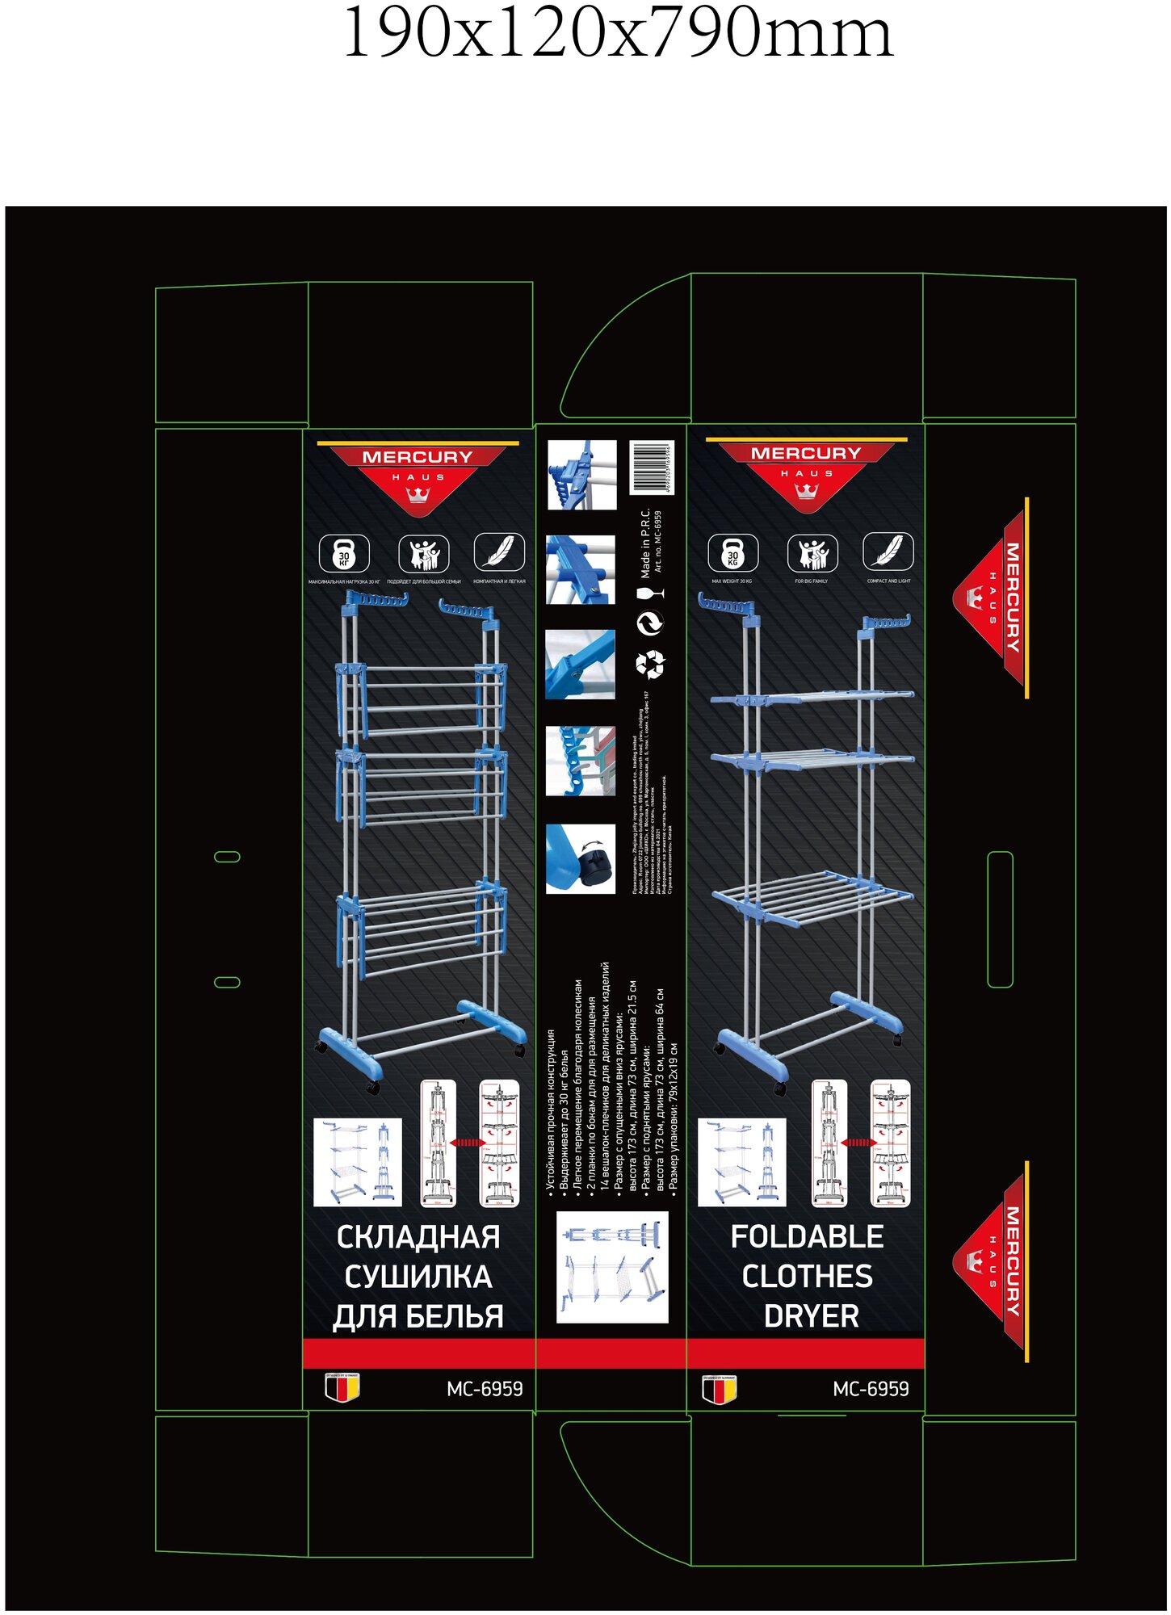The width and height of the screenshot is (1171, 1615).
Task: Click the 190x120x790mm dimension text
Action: (x=618, y=34)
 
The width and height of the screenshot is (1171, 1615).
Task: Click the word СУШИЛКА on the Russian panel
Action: (x=418, y=1277)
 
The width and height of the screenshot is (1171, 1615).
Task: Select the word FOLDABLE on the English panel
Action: (x=807, y=1236)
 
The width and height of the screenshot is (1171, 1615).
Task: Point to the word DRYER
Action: (x=811, y=1316)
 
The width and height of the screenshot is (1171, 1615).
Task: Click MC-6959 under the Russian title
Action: (x=485, y=1389)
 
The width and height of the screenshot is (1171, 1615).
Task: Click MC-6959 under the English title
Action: (x=871, y=1389)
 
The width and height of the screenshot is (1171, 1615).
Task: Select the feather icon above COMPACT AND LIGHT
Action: (x=888, y=552)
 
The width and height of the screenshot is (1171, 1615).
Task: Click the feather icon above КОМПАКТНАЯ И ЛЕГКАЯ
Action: (x=498, y=552)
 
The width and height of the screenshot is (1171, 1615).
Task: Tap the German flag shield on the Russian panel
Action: (x=342, y=1387)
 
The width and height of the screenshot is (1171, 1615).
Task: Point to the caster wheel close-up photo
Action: (x=580, y=858)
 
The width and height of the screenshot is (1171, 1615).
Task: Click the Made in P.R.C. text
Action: (x=645, y=543)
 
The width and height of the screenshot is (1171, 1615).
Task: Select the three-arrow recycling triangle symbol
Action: (x=649, y=664)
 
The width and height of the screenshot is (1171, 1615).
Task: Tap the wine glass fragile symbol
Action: (x=649, y=594)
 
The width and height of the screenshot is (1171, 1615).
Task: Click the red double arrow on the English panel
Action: (x=858, y=1143)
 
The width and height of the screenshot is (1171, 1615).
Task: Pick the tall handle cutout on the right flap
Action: (x=1000, y=919)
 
